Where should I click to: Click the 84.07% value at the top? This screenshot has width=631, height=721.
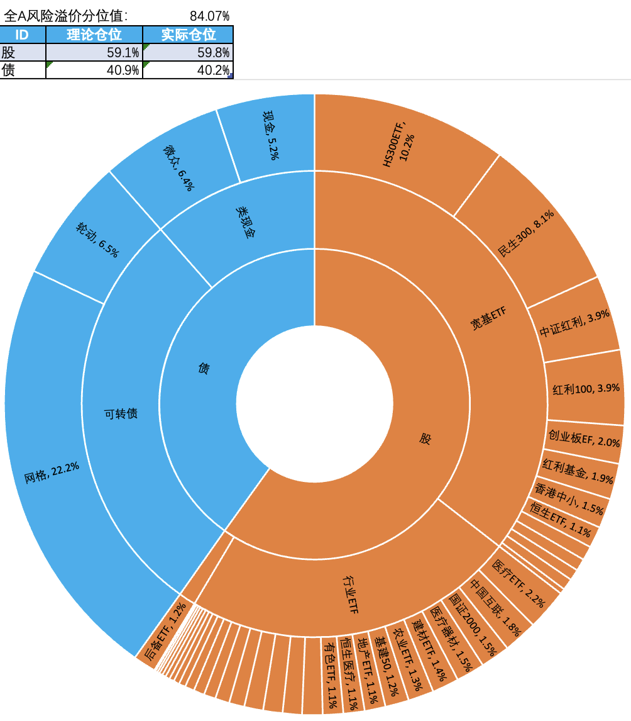pos(209,15)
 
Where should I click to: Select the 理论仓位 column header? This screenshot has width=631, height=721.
pos(94,35)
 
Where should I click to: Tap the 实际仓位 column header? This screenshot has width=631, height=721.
pos(188,35)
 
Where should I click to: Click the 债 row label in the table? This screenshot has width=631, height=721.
pos(9,70)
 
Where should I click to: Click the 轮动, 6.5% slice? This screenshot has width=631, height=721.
pos(97,240)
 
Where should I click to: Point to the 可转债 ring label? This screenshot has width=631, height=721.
pos(120,413)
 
